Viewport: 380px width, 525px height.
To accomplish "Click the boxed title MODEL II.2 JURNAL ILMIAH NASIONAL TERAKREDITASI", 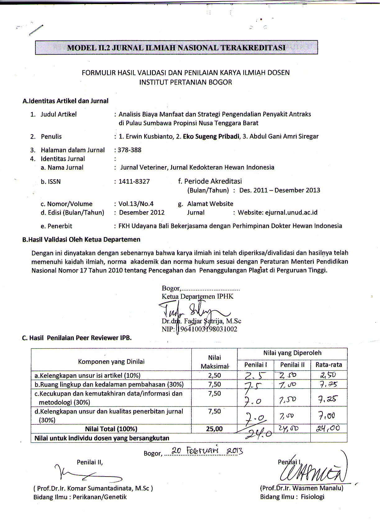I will [x=176, y=48].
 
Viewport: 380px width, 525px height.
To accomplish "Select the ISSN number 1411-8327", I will [x=134, y=181].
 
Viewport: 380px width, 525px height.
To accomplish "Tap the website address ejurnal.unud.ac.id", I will [x=291, y=212].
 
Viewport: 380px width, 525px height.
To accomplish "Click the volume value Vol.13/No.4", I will [x=136, y=204].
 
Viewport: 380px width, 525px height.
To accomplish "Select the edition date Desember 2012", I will [x=142, y=212].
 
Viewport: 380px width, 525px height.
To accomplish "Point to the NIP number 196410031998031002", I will [x=207, y=329].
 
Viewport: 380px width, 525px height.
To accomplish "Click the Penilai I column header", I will [x=255, y=365].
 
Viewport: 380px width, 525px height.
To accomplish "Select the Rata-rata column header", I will [x=328, y=365].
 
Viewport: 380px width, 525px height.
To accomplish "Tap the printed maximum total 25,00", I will [x=214, y=429].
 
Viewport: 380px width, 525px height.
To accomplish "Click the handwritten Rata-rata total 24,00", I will [x=328, y=428].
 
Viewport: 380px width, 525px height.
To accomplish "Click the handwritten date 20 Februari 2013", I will [x=204, y=451].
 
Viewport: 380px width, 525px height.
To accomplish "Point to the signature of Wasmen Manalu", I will [x=314, y=472].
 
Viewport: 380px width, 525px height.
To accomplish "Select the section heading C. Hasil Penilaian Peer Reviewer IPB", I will [x=77, y=338].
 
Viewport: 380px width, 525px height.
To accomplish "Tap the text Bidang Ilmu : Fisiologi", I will [x=292, y=497].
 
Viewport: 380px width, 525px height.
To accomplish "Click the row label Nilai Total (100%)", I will [x=111, y=429].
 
